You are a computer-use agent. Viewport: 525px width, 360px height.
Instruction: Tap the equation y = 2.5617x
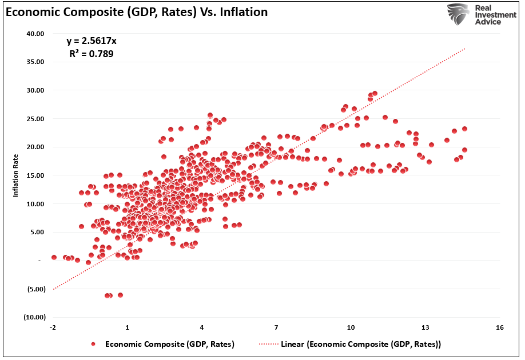(x=92, y=41)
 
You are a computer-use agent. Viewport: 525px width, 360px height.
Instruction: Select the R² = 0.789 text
(x=92, y=55)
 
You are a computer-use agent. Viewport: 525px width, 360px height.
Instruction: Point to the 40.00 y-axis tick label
(x=35, y=33)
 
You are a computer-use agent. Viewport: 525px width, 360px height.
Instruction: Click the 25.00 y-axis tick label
(x=35, y=118)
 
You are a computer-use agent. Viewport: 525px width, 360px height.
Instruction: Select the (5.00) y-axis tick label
(x=35, y=289)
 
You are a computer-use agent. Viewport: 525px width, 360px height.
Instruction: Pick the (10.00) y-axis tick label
(x=34, y=317)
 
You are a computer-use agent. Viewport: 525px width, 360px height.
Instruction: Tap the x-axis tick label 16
(x=499, y=327)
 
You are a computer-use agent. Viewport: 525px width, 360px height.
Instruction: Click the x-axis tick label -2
(x=53, y=327)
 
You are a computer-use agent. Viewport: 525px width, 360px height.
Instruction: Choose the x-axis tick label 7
(x=276, y=327)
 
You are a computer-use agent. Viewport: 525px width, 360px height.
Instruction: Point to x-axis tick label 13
(x=425, y=327)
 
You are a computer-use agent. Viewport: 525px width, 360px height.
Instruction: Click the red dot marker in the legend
(x=93, y=345)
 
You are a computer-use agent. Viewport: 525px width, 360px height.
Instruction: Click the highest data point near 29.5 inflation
(x=375, y=93)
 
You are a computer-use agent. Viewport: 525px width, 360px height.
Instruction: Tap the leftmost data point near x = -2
(x=54, y=257)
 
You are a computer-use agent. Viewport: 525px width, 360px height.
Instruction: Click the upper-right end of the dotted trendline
(x=465, y=49)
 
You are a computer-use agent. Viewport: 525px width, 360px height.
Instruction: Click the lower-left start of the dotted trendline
(x=53, y=289)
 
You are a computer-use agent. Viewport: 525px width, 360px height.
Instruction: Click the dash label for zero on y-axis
(x=39, y=261)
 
